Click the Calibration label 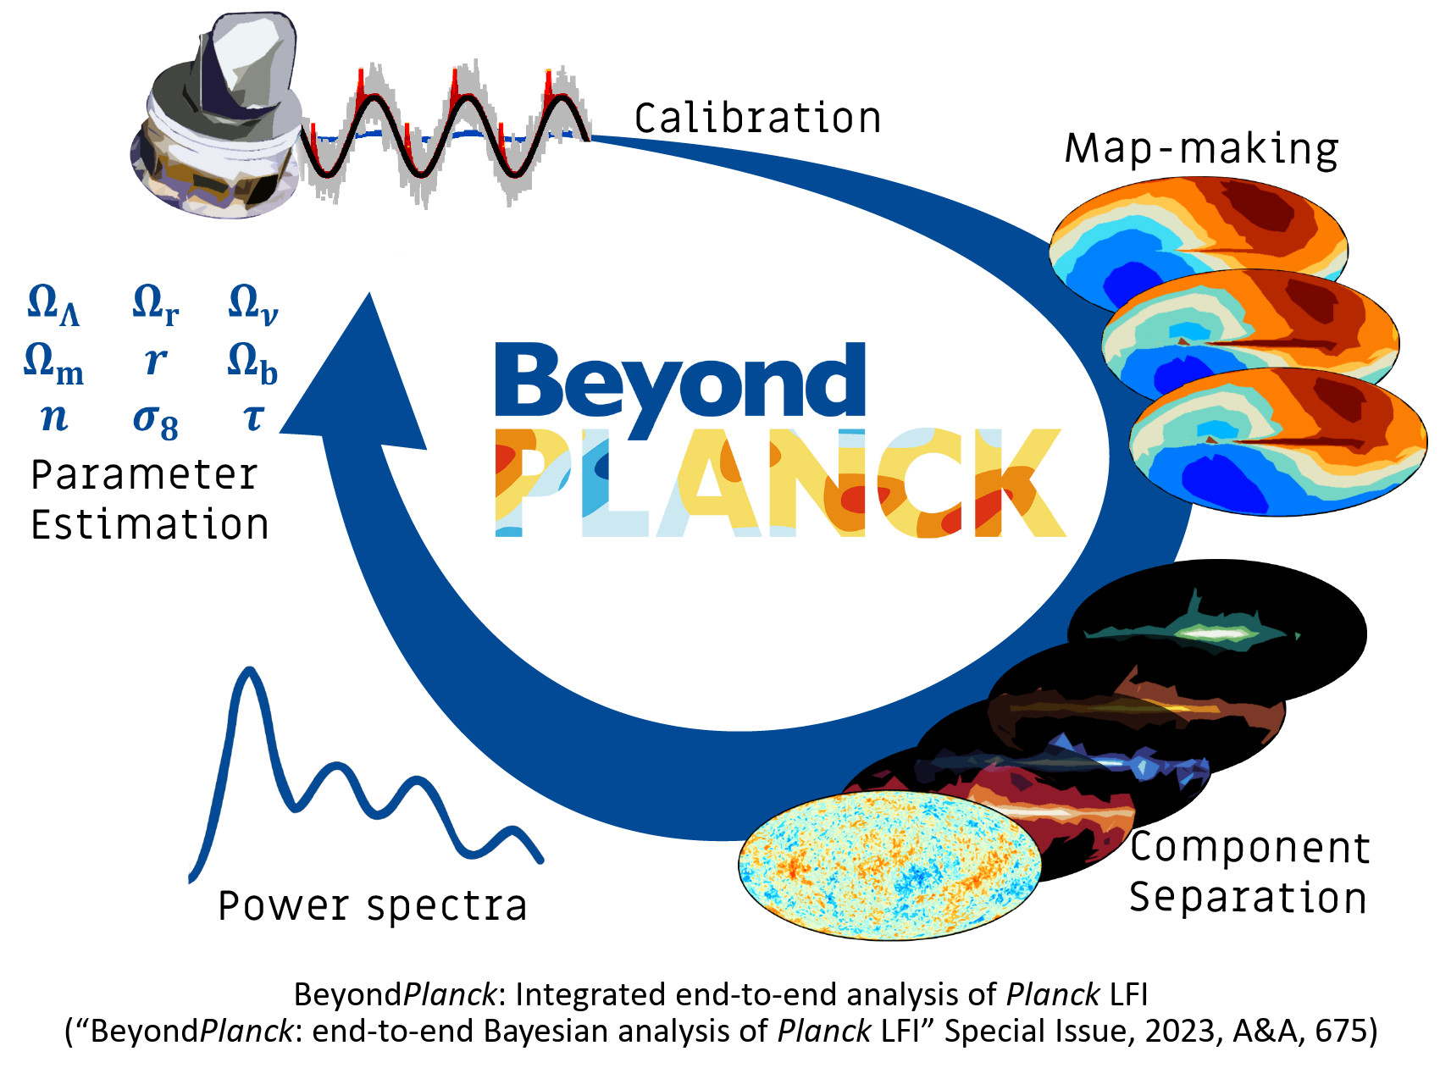[x=758, y=118]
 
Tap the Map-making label [x=1201, y=149]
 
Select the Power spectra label [x=373, y=906]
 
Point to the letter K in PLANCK [x=1021, y=482]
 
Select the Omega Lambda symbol [x=53, y=304]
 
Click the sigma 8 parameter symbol [x=156, y=420]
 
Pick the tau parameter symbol [x=253, y=417]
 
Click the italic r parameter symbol [x=155, y=361]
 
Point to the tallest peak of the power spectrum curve [x=249, y=671]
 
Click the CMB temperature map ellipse [x=889, y=866]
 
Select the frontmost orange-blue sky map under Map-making [x=1278, y=441]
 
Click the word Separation [x=1248, y=897]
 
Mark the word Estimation [x=150, y=524]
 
